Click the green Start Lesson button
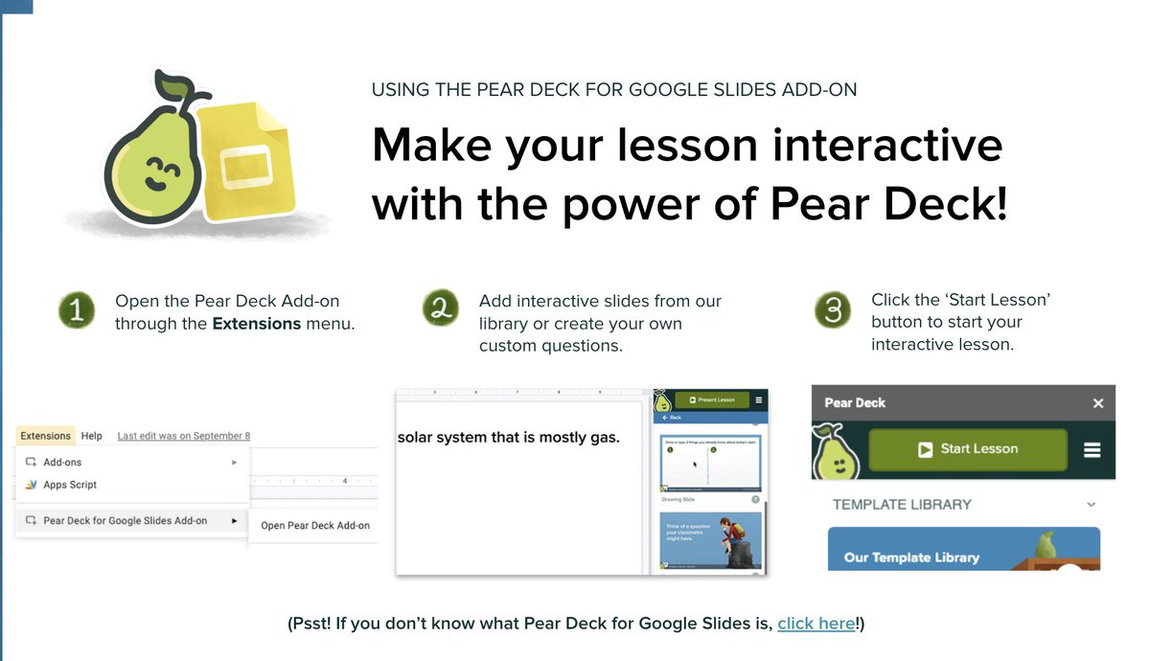pyautogui.click(x=967, y=449)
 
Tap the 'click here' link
pyautogui.click(x=816, y=624)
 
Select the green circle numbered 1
pyautogui.click(x=77, y=311)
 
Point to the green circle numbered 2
pyautogui.click(x=441, y=308)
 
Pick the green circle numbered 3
pyautogui.click(x=833, y=310)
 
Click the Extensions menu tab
pyautogui.click(x=46, y=436)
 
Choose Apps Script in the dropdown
pyautogui.click(x=70, y=485)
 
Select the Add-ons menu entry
pyautogui.click(x=62, y=462)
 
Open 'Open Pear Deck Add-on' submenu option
pyautogui.click(x=315, y=525)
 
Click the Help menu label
pyautogui.click(x=92, y=436)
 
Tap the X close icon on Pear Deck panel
pyautogui.click(x=1098, y=403)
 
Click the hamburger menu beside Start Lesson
pyautogui.click(x=1092, y=449)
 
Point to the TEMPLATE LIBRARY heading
pyautogui.click(x=902, y=504)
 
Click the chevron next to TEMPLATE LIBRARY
pyautogui.click(x=1091, y=505)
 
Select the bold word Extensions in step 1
pyautogui.click(x=257, y=324)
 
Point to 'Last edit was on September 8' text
pyautogui.click(x=184, y=436)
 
